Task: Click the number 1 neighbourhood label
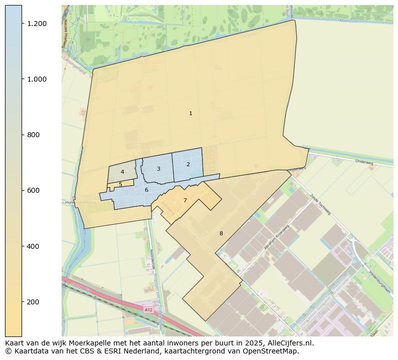click(x=190, y=114)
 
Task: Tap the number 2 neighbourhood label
click(x=188, y=164)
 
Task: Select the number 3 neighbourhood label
click(x=158, y=169)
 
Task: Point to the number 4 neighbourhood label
click(x=122, y=172)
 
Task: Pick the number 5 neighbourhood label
click(x=120, y=185)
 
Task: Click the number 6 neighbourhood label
click(x=146, y=190)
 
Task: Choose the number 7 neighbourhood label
click(x=185, y=201)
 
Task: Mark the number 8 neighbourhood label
click(x=221, y=234)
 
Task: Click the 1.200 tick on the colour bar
click(x=37, y=24)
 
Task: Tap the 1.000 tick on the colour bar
click(x=37, y=80)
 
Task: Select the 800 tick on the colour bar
click(x=33, y=135)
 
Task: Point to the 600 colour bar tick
click(x=33, y=191)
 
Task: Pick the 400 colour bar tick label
click(x=33, y=246)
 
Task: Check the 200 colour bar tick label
click(x=33, y=302)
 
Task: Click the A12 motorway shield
click(x=148, y=310)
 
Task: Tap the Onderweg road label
click(x=364, y=162)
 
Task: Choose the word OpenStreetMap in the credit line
click(x=273, y=351)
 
